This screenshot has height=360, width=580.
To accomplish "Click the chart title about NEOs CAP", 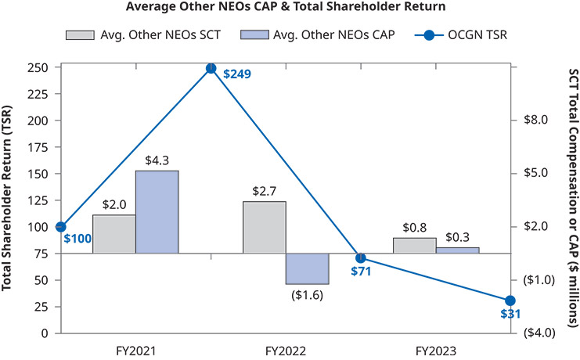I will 290,8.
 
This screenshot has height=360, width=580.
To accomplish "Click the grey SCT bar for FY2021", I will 114,234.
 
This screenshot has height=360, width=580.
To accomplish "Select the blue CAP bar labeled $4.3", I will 157,211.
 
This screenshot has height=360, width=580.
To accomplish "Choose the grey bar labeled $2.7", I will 265,227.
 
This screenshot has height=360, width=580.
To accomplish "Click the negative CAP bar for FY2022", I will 308,268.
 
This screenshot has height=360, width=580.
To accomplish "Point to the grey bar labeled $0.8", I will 415,245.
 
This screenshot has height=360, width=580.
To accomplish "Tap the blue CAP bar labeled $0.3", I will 458,250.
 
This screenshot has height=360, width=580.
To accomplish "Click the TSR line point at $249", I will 211,68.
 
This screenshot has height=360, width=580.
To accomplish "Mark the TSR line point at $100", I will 61,226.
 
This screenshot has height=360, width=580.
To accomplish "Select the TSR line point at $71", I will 361,257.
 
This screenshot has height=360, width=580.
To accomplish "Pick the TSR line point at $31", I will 510,301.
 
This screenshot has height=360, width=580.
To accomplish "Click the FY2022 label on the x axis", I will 286,350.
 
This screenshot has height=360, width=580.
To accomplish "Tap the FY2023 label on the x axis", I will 436,350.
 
